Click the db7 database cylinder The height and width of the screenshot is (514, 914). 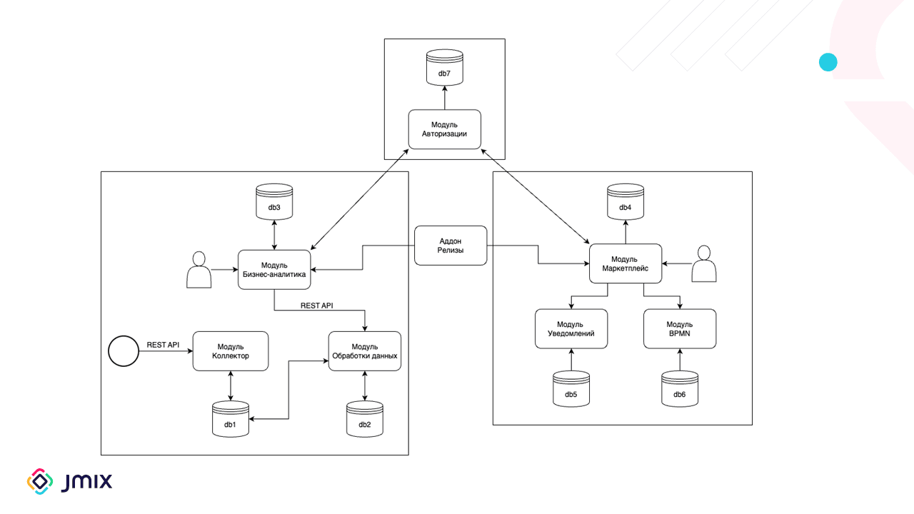tap(445, 68)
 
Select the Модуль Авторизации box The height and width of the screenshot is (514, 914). tap(445, 129)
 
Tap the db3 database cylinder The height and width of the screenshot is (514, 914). tap(274, 202)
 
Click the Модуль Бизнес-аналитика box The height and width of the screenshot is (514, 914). tap(274, 270)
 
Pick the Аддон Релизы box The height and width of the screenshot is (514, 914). tap(451, 246)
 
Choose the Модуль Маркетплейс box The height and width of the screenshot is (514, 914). tap(626, 263)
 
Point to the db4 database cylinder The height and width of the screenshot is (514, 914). tap(626, 202)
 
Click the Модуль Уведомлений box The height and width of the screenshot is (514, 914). tap(571, 329)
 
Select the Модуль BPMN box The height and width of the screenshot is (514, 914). tap(680, 329)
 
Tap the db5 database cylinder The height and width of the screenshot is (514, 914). tap(571, 389)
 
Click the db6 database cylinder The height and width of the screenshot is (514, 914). tap(680, 389)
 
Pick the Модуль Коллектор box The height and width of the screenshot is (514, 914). tap(231, 351)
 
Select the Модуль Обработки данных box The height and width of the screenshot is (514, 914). tap(365, 351)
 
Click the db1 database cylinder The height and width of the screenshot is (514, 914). tap(231, 419)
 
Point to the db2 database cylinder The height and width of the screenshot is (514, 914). tap(365, 419)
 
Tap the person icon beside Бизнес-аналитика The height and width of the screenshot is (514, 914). tap(199, 270)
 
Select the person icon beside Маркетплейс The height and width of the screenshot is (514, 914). tap(704, 263)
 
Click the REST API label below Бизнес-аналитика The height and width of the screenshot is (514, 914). tap(316, 306)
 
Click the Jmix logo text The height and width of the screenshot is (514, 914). tap(86, 482)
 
